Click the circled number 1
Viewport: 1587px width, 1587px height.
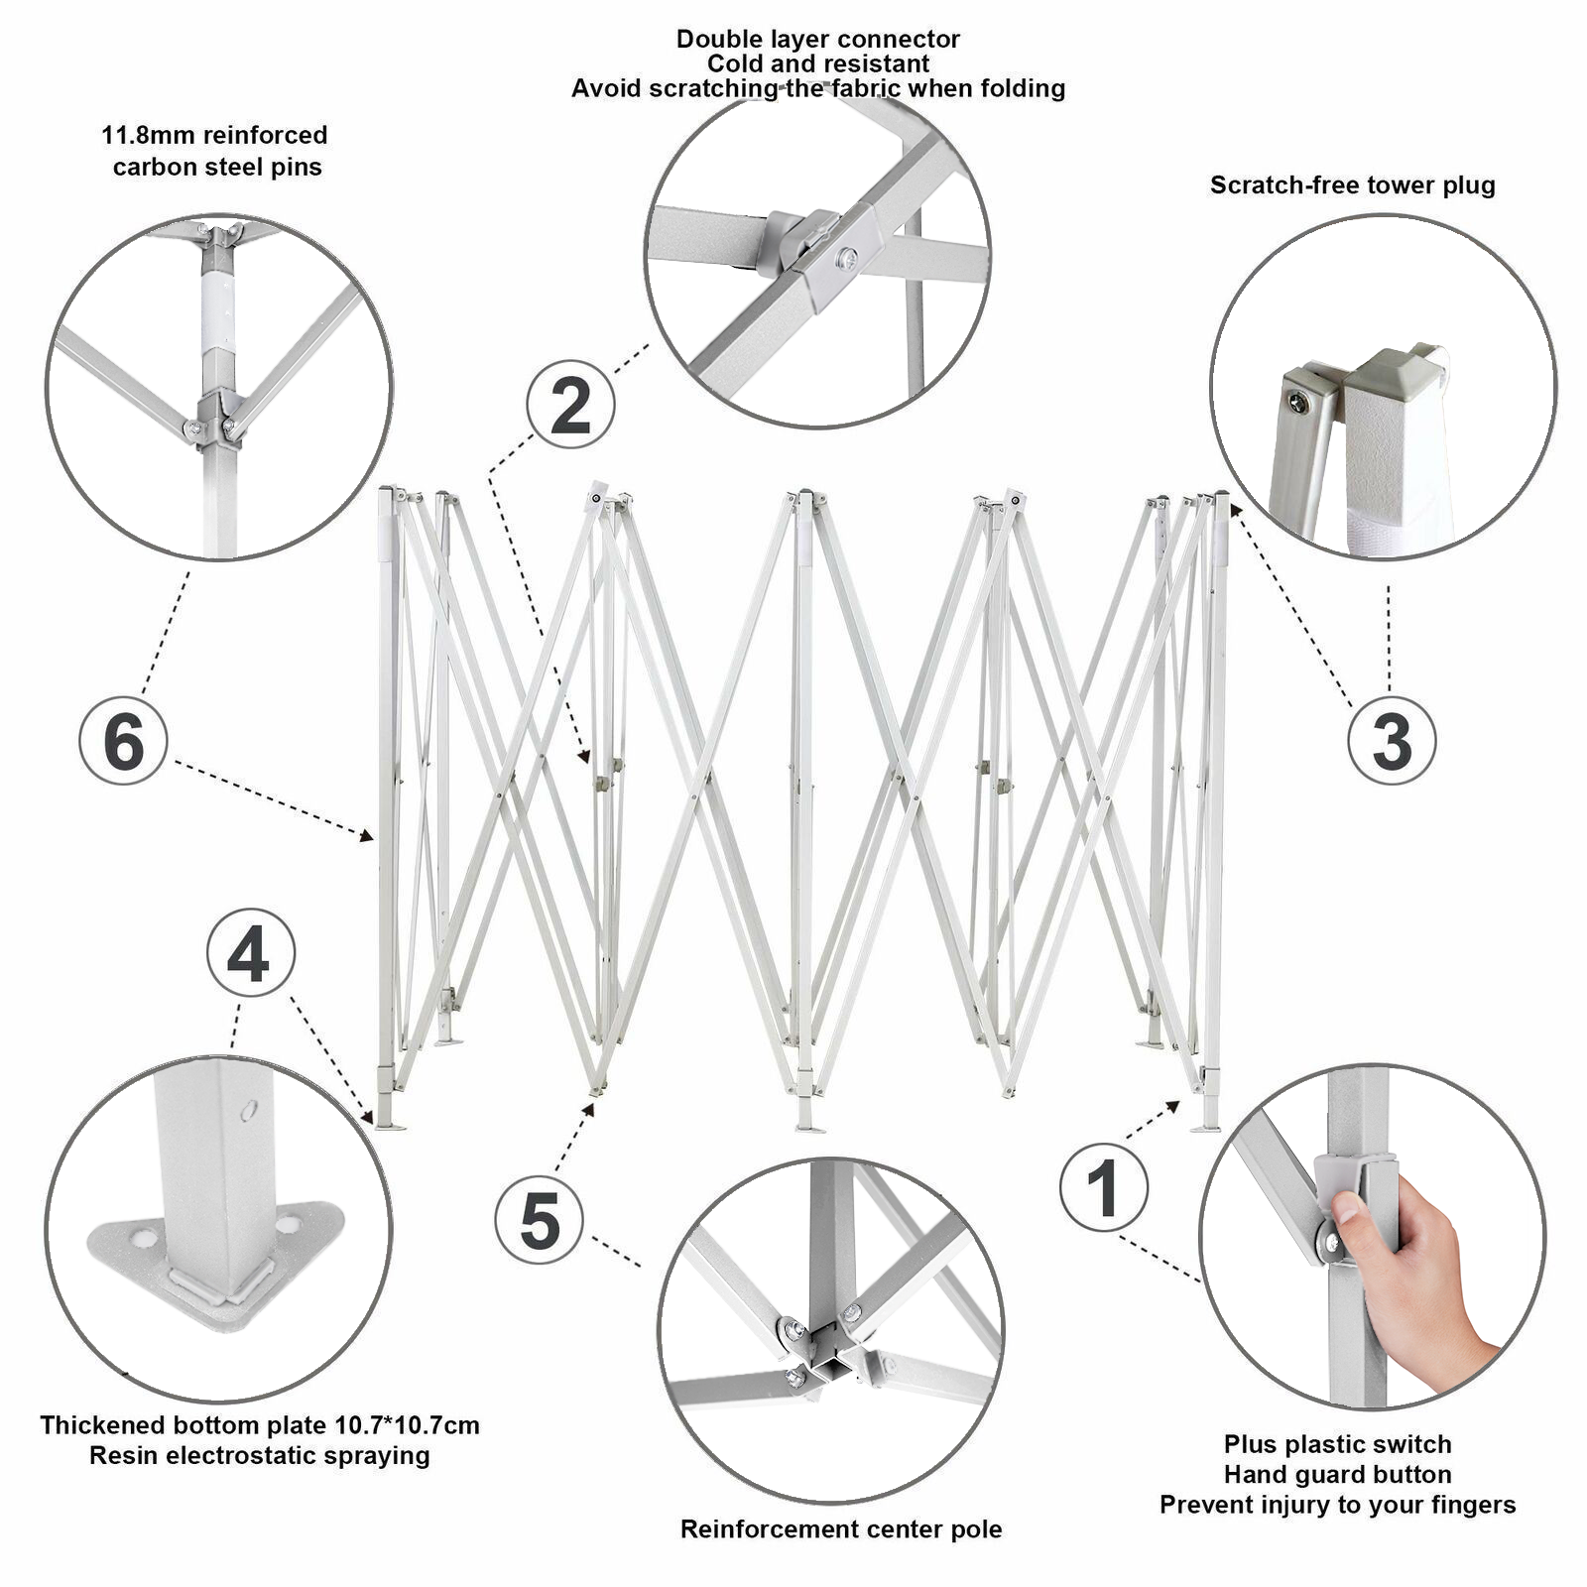point(1104,1187)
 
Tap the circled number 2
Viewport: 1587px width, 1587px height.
point(570,404)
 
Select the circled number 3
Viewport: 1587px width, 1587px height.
point(1392,741)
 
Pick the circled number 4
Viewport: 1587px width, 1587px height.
point(250,953)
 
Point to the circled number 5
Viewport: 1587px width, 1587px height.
point(539,1220)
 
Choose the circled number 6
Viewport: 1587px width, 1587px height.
point(123,741)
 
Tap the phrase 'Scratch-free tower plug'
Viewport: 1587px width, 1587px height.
point(1352,185)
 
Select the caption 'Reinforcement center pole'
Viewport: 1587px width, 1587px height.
point(840,1528)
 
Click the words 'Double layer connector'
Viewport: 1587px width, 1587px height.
point(817,40)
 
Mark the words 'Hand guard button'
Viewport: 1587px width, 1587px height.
point(1337,1474)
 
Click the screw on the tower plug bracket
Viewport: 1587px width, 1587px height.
point(1298,401)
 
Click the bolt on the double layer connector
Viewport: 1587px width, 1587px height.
point(847,259)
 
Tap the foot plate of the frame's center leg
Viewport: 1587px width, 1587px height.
point(809,1126)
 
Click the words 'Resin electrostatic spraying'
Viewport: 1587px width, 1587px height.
point(259,1456)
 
